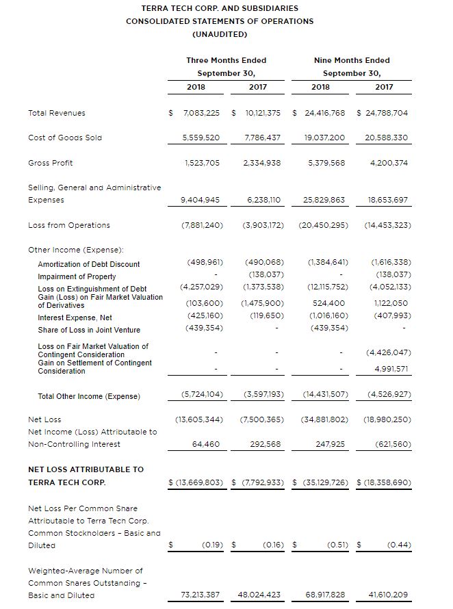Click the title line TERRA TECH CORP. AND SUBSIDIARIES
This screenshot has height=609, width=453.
tap(220, 8)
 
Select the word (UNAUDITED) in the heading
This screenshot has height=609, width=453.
tap(220, 34)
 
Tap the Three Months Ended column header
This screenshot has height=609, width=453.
tap(226, 60)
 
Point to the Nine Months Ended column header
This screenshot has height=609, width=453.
tap(352, 60)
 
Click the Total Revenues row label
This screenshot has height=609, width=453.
tap(57, 113)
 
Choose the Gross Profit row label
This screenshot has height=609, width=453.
tap(51, 163)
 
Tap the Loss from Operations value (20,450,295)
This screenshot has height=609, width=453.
tap(323, 225)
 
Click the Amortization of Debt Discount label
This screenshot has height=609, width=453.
tap(89, 264)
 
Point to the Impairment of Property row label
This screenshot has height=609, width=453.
tap(77, 276)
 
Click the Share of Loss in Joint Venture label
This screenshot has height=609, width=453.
tap(89, 330)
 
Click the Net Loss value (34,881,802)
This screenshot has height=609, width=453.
tap(323, 419)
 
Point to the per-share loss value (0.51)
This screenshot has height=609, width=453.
tap(333, 545)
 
